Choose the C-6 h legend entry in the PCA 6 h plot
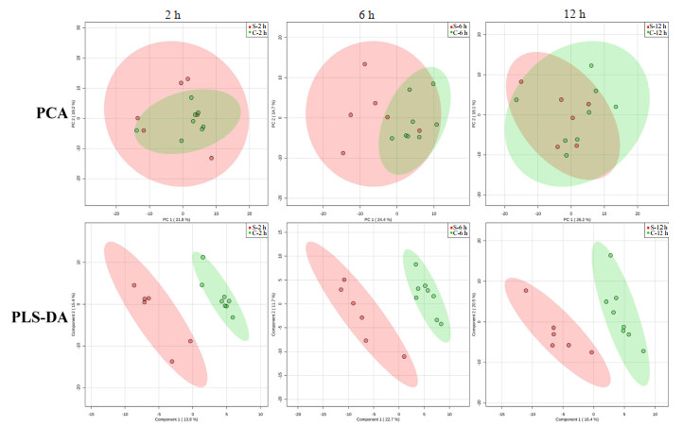[x=456, y=33]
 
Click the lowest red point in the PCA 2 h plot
[x=211, y=158]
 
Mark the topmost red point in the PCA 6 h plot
[x=364, y=64]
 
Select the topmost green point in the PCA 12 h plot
[x=591, y=66]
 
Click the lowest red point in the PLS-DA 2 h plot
[x=172, y=361]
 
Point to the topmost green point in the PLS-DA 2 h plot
[x=202, y=257]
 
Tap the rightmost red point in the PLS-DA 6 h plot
[x=404, y=356]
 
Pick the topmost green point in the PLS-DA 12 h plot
[x=610, y=255]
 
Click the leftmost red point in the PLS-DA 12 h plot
[x=526, y=290]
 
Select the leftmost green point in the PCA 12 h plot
[x=517, y=99]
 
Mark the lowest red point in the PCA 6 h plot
[x=343, y=152]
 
